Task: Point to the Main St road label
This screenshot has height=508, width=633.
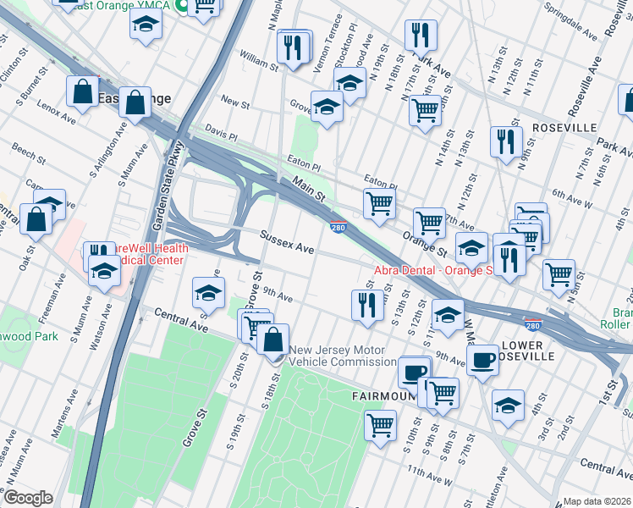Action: [x=309, y=188]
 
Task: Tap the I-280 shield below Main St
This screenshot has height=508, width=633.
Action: [x=338, y=227]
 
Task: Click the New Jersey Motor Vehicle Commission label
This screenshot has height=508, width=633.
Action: [x=337, y=356]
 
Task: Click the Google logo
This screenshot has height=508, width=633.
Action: [x=29, y=497]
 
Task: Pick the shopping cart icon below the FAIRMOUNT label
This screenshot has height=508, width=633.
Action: [x=380, y=423]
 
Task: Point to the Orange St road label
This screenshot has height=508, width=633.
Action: [x=424, y=244]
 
